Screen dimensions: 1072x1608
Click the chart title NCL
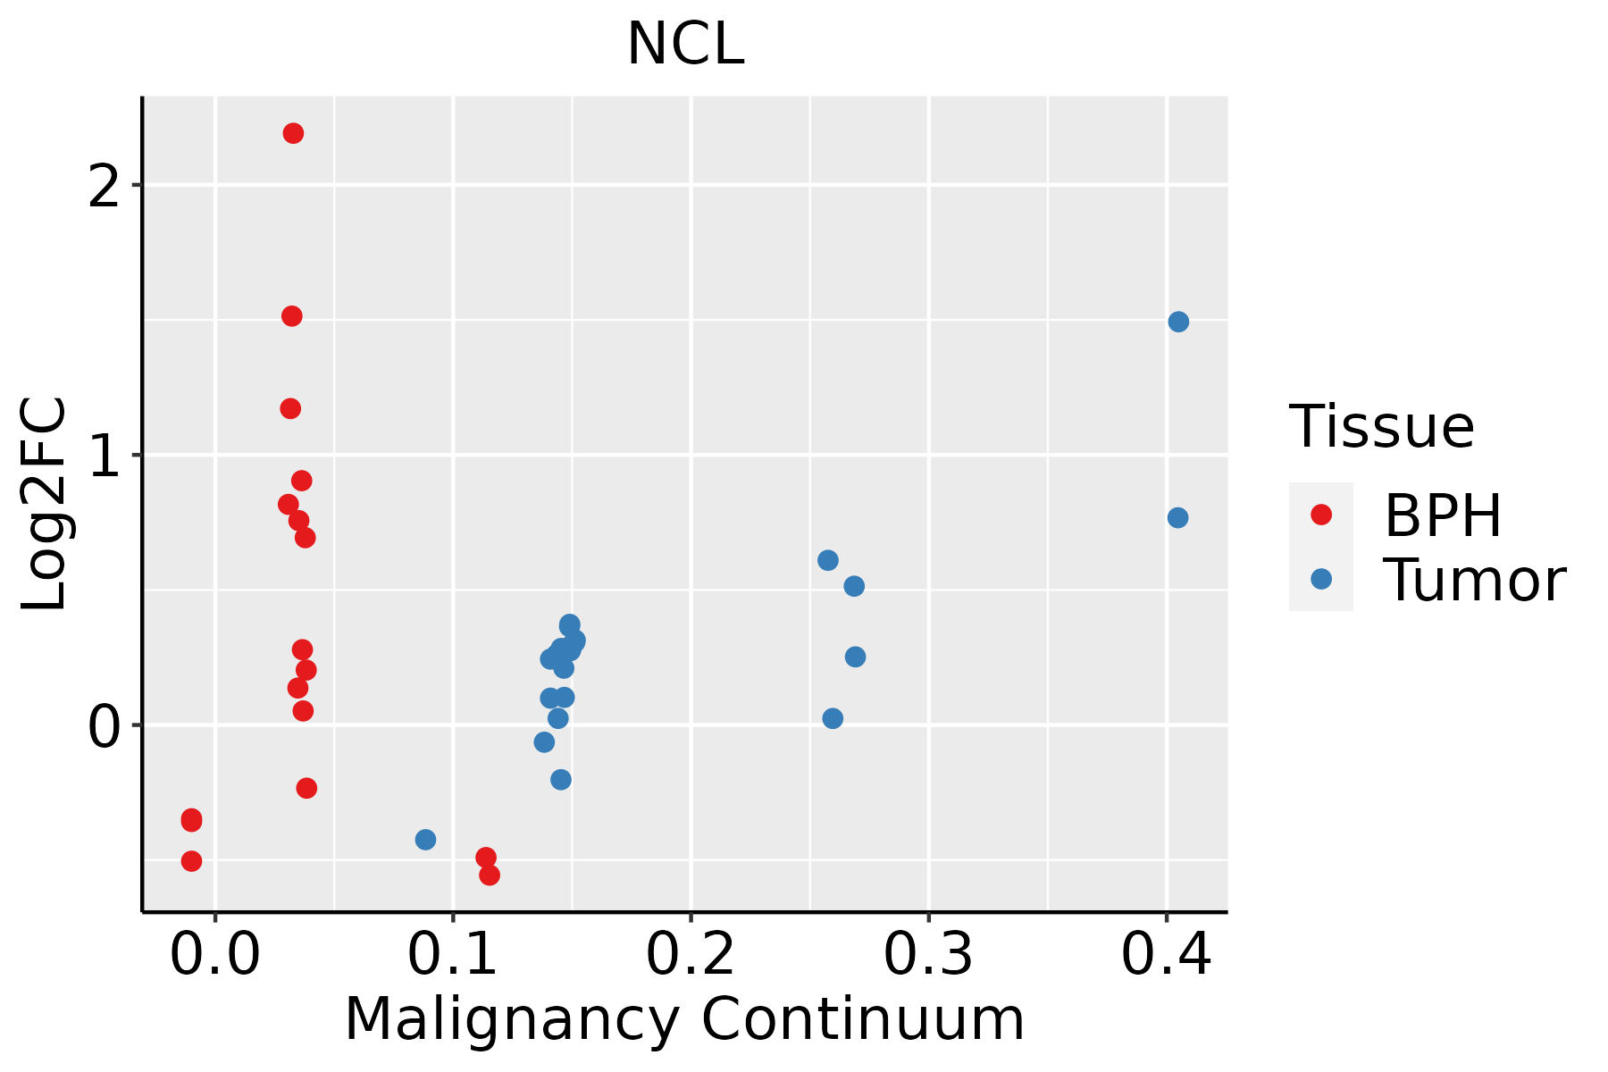pyautogui.click(x=685, y=45)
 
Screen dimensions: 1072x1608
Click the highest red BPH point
pyautogui.click(x=293, y=134)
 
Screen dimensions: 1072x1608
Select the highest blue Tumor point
pyautogui.click(x=1178, y=322)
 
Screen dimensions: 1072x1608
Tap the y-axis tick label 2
pyautogui.click(x=105, y=187)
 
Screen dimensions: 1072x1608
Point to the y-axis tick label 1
pyautogui.click(x=105, y=456)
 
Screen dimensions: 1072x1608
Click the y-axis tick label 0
pyautogui.click(x=105, y=726)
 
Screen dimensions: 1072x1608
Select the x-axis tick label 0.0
pyautogui.click(x=215, y=956)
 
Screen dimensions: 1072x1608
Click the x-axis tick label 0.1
pyautogui.click(x=453, y=956)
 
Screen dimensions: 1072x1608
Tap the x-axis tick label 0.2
pyautogui.click(x=691, y=956)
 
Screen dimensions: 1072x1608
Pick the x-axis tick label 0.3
pyautogui.click(x=928, y=956)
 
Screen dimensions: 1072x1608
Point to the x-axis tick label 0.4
pyautogui.click(x=1166, y=956)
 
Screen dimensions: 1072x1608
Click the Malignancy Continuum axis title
pyautogui.click(x=684, y=1019)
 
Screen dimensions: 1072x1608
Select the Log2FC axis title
pyautogui.click(x=45, y=504)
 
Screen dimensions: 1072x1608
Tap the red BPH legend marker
pyautogui.click(x=1321, y=515)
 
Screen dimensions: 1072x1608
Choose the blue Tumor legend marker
pyautogui.click(x=1321, y=579)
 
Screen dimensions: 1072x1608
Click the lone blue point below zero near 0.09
pyautogui.click(x=425, y=840)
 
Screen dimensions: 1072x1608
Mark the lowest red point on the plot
pyautogui.click(x=490, y=875)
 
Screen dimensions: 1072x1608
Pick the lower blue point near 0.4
pyautogui.click(x=1177, y=518)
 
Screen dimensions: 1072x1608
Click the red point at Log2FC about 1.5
pyautogui.click(x=292, y=316)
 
